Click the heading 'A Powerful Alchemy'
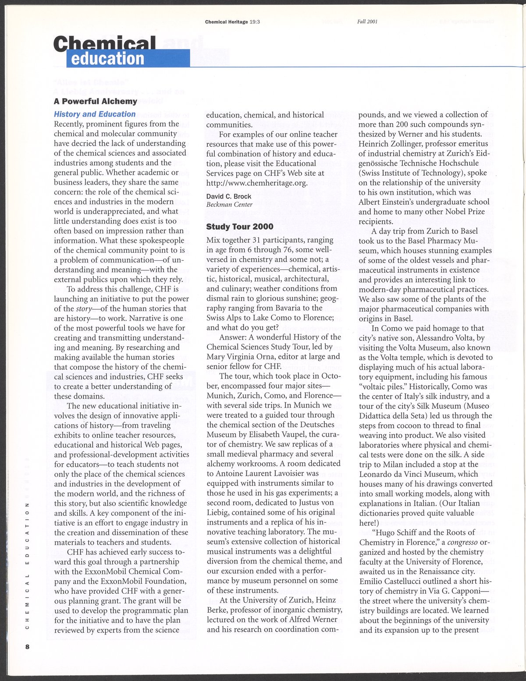95,101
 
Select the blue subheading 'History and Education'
94,114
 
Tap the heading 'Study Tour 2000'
239,227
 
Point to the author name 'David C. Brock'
228,196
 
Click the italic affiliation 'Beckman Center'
229,204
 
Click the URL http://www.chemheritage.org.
256,182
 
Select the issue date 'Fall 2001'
367,21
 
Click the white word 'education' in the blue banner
107,59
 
